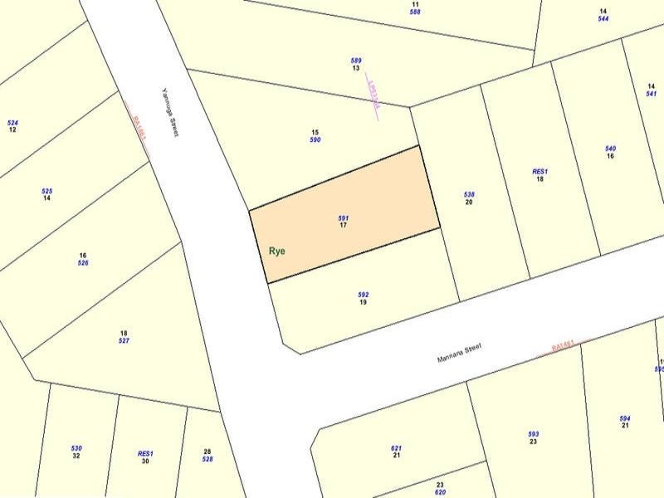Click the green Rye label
(277, 251)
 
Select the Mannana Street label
(460, 354)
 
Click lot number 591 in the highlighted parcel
(344, 217)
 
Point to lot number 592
(363, 294)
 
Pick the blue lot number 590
(315, 140)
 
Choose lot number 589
(356, 60)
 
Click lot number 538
(469, 194)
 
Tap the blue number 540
(610, 149)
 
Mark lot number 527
(124, 341)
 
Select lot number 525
(47, 191)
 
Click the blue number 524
(12, 123)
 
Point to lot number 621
(396, 448)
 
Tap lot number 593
(534, 434)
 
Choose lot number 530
(76, 448)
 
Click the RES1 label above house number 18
(540, 172)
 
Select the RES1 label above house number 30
(145, 454)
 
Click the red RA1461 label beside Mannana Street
(563, 346)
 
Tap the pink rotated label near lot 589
(372, 97)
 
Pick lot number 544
(603, 18)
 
